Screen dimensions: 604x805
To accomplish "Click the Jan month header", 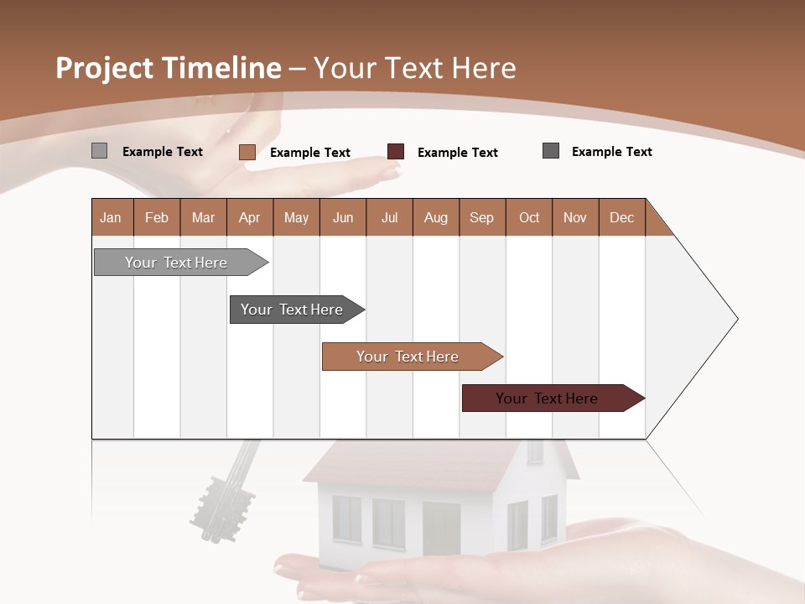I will (x=112, y=217).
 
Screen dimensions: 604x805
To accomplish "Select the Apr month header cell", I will (x=250, y=217).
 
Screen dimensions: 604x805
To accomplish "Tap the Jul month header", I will (x=390, y=217).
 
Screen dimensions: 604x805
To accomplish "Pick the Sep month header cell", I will (x=482, y=217).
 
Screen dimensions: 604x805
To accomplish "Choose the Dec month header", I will (x=622, y=217).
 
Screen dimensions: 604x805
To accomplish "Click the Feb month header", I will (x=157, y=217).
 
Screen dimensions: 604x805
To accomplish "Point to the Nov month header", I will (x=575, y=217).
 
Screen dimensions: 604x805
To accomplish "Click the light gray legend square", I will (x=100, y=151).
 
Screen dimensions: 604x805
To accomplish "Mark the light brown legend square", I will (x=247, y=152).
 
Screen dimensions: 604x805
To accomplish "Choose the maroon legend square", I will (x=396, y=152).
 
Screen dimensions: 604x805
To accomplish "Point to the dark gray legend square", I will (x=551, y=151).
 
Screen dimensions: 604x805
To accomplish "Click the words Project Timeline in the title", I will (x=169, y=68).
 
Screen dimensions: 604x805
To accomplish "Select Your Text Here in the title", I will (x=415, y=68).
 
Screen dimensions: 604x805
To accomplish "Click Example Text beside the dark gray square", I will (x=612, y=152).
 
